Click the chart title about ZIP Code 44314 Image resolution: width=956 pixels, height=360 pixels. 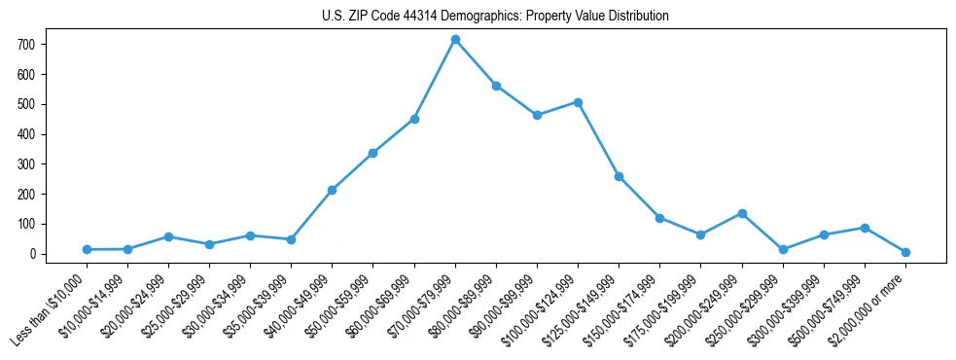click(495, 17)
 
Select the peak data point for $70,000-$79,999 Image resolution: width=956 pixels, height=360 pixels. click(455, 40)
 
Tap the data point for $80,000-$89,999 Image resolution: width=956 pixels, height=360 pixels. click(496, 86)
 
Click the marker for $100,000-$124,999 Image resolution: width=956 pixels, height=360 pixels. click(578, 102)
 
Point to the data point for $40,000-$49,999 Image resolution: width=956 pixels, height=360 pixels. click(332, 190)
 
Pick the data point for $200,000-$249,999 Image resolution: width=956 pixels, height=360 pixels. click(742, 213)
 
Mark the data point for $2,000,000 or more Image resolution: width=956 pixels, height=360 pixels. click(905, 252)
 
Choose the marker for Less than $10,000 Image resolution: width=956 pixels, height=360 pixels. click(87, 249)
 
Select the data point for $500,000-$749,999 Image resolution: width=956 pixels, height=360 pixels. click(865, 228)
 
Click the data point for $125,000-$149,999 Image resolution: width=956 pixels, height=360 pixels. click(619, 176)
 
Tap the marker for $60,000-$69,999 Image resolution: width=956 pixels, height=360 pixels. click(414, 119)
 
